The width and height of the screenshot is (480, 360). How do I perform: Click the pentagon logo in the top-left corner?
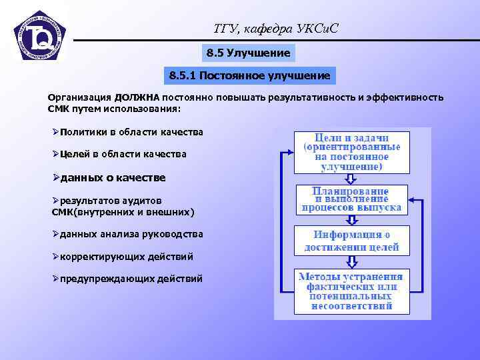40,37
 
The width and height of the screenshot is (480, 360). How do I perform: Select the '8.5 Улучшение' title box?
248,53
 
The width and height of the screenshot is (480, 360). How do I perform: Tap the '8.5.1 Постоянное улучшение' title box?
249,76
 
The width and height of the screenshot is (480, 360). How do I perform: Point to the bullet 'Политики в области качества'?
128,132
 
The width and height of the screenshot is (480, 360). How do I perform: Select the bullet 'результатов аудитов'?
107,200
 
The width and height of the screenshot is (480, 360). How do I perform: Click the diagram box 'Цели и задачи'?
351,151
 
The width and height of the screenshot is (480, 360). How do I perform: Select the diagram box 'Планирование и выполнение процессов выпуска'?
351,199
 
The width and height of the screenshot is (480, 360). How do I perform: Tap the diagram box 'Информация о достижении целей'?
351,241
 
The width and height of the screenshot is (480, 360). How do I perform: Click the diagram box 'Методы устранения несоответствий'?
351,291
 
